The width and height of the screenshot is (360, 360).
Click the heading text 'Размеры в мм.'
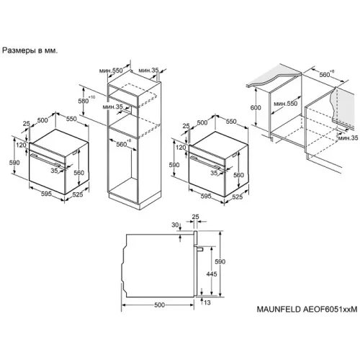tap(30, 50)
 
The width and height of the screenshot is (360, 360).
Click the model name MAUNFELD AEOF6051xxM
tap(307, 309)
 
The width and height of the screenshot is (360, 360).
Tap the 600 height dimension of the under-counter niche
tap(256, 107)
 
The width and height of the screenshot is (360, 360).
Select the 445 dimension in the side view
tap(212, 274)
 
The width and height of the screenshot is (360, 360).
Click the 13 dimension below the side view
tap(207, 302)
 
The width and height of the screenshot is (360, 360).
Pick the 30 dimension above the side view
tap(175, 225)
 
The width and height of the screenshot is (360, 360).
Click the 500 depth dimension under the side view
tap(160, 305)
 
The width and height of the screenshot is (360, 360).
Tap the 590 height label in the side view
tap(220, 261)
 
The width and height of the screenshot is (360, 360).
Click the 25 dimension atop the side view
tap(196, 217)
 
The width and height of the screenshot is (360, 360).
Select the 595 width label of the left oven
tap(46, 194)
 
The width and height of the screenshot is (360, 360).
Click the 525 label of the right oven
tap(238, 197)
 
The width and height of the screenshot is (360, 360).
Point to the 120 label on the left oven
tap(21, 145)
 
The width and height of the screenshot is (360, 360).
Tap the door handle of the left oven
tap(45, 160)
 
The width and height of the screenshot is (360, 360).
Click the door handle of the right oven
tap(206, 162)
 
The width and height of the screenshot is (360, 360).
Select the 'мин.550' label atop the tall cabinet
tap(111, 71)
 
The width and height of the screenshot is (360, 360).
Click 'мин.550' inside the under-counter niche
tap(286, 104)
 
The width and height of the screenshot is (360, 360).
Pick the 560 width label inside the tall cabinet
tap(122, 144)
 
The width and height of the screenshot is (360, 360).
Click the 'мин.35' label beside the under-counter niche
tap(348, 138)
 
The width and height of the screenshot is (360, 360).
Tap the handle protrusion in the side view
tap(200, 248)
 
